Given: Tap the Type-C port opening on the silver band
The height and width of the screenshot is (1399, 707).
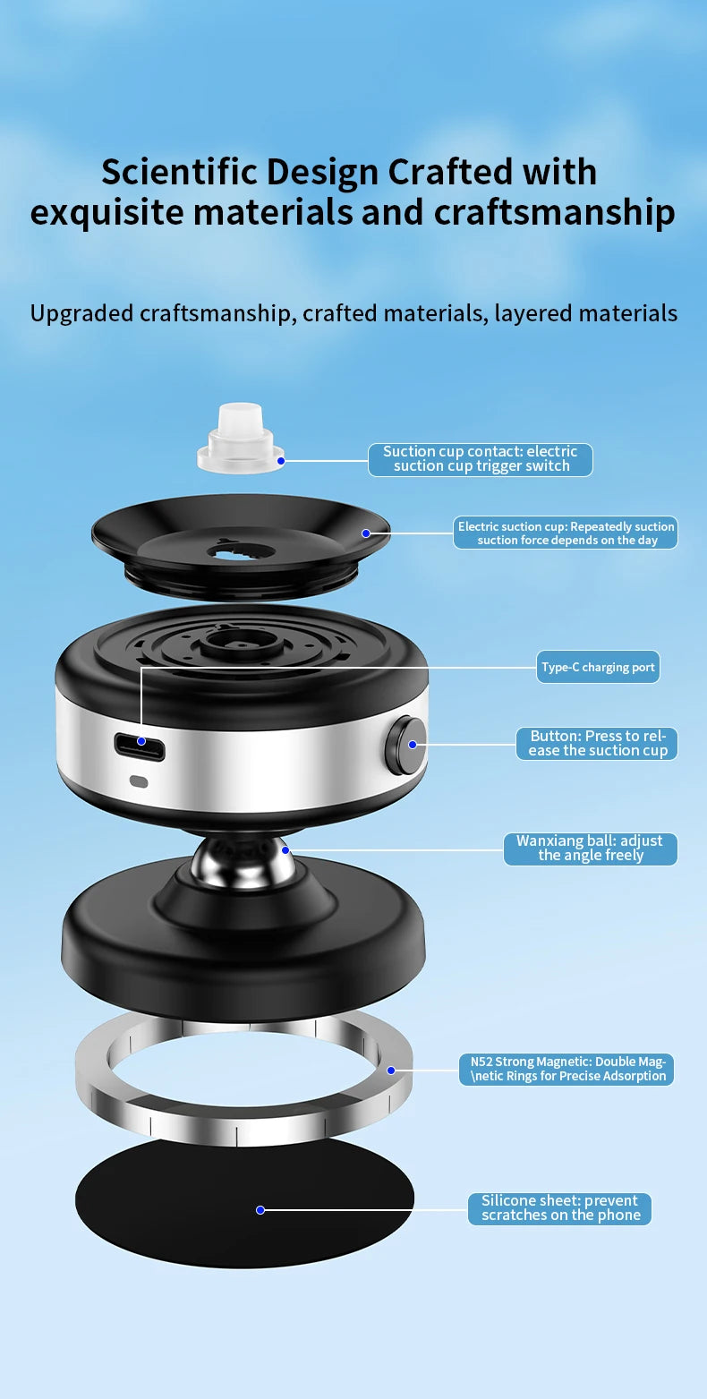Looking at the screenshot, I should tap(140, 746).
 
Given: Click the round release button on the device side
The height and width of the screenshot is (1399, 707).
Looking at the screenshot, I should tap(405, 745).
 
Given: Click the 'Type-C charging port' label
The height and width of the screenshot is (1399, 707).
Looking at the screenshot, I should tap(598, 667).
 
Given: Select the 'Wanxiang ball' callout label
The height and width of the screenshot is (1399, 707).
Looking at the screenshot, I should tap(590, 849).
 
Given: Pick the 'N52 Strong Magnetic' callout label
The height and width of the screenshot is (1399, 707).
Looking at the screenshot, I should tap(567, 1069).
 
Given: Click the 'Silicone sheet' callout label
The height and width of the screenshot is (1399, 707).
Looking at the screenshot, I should tap(559, 1208).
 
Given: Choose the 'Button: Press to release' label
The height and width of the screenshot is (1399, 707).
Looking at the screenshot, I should tap(597, 744).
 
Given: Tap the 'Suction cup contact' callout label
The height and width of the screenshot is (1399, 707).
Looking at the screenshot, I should tap(480, 459).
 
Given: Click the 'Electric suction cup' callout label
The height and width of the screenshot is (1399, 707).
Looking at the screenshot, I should tap(566, 533).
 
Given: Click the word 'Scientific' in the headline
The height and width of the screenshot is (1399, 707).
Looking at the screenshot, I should tap(178, 171).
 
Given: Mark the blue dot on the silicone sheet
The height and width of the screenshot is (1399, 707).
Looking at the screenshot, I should tap(260, 1210).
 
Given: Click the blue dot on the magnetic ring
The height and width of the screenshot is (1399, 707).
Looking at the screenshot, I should tap(391, 1071).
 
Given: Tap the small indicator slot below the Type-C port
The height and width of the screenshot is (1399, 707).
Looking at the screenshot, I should tap(139, 781).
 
